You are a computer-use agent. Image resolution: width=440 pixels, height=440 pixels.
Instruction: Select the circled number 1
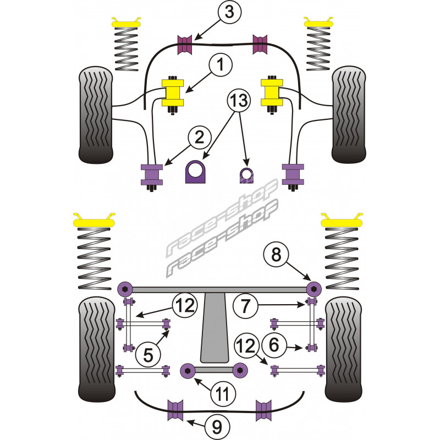point(219,67)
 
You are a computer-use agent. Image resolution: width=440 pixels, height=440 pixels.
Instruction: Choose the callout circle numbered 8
point(276,255)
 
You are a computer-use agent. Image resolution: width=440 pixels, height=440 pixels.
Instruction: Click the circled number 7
point(245,305)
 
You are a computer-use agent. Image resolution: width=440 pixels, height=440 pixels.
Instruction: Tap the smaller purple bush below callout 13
point(246,174)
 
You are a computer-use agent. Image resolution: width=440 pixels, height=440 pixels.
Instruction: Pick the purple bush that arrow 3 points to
point(187,44)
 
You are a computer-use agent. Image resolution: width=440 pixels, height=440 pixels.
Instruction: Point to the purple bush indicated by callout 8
point(313,288)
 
